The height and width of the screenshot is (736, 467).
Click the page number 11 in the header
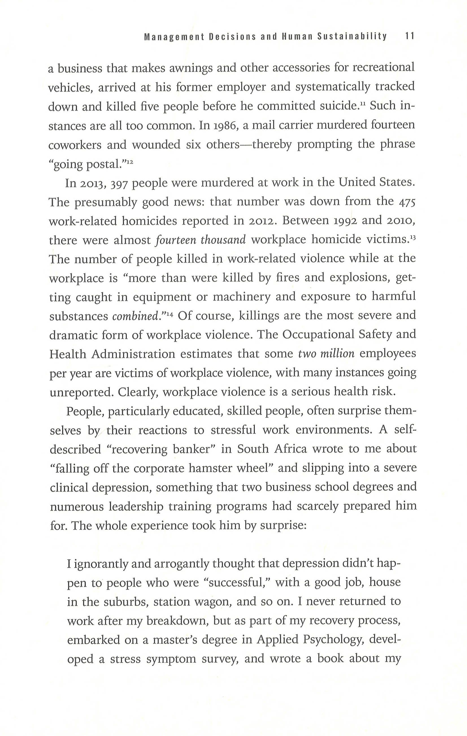410,37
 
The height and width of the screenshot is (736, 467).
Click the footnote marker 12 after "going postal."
130,162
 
